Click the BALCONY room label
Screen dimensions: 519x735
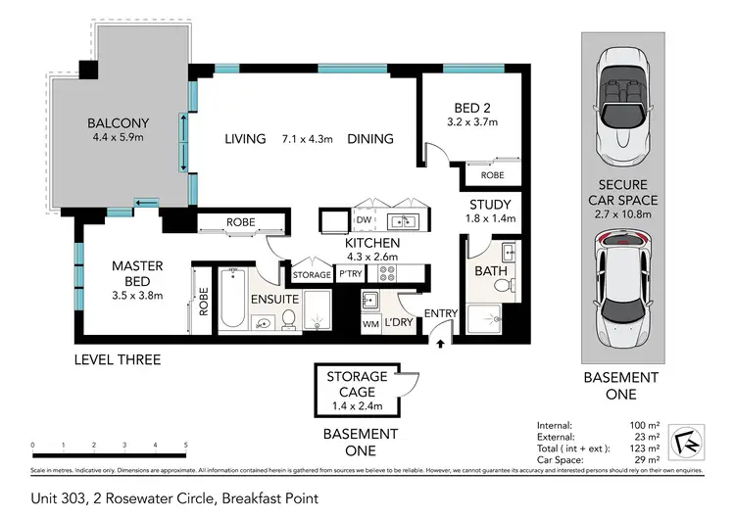[x=118, y=123]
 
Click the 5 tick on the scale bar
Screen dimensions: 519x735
[x=185, y=445]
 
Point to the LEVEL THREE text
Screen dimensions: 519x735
[x=118, y=359]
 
